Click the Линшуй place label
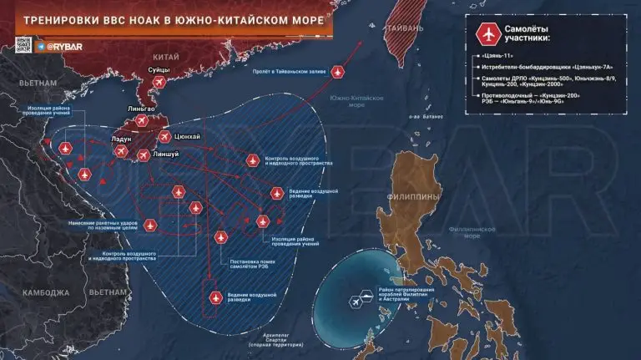166,155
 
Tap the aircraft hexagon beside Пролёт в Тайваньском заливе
337,72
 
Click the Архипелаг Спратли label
268,339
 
